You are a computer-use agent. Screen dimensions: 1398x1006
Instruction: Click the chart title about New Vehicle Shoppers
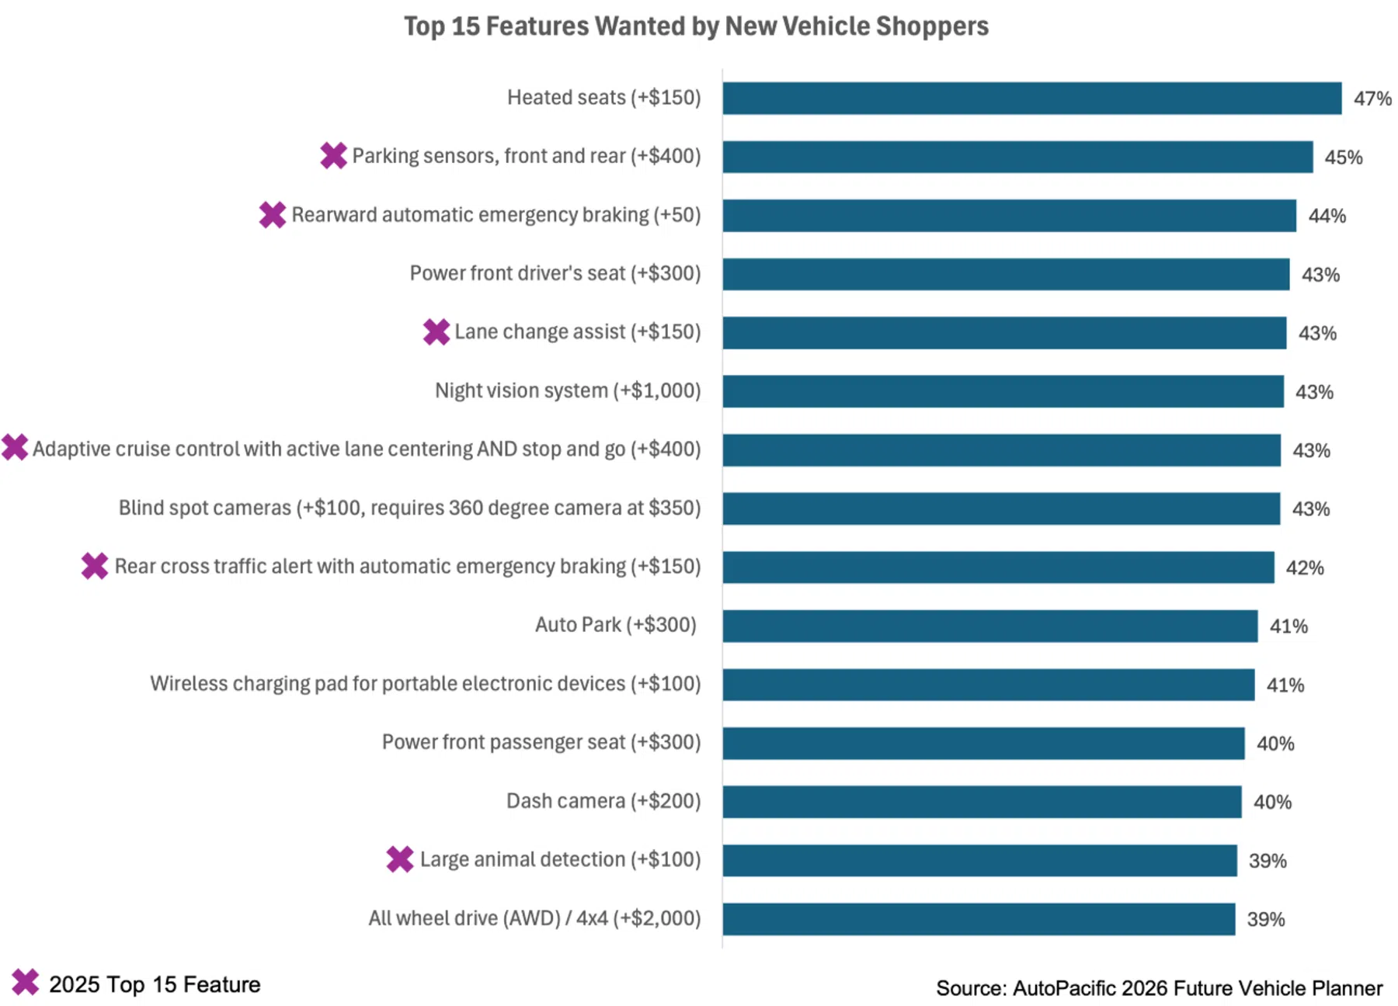click(696, 26)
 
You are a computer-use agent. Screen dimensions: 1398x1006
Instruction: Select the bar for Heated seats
click(1032, 99)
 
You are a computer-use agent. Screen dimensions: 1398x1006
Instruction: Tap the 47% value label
click(1372, 99)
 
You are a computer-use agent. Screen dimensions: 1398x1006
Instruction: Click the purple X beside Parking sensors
click(334, 155)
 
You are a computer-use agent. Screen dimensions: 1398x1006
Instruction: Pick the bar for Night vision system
click(1003, 391)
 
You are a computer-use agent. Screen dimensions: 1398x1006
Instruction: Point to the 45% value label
click(1344, 158)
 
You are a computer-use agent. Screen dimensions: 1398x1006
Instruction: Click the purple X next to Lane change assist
click(436, 331)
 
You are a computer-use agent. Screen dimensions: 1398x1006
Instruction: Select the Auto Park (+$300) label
click(616, 625)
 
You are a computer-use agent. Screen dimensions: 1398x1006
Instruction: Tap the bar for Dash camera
click(982, 802)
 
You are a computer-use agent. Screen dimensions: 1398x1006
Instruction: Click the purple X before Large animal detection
click(400, 859)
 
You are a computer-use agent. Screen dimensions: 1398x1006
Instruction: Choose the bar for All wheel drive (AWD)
click(979, 919)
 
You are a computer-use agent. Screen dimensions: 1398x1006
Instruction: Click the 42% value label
click(1305, 568)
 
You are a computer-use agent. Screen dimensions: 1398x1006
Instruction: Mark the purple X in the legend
click(26, 982)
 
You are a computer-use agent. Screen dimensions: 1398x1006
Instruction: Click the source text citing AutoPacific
click(1160, 988)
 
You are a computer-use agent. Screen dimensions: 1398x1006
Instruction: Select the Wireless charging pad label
click(426, 684)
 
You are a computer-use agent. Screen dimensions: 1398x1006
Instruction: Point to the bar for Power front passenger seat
click(984, 744)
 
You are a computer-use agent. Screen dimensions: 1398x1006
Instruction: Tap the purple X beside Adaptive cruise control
click(15, 447)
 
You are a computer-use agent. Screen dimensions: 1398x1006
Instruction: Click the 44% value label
click(1327, 216)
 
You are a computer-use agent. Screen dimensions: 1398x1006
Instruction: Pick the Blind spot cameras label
click(410, 508)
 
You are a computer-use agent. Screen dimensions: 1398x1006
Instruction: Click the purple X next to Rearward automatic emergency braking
click(273, 214)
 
